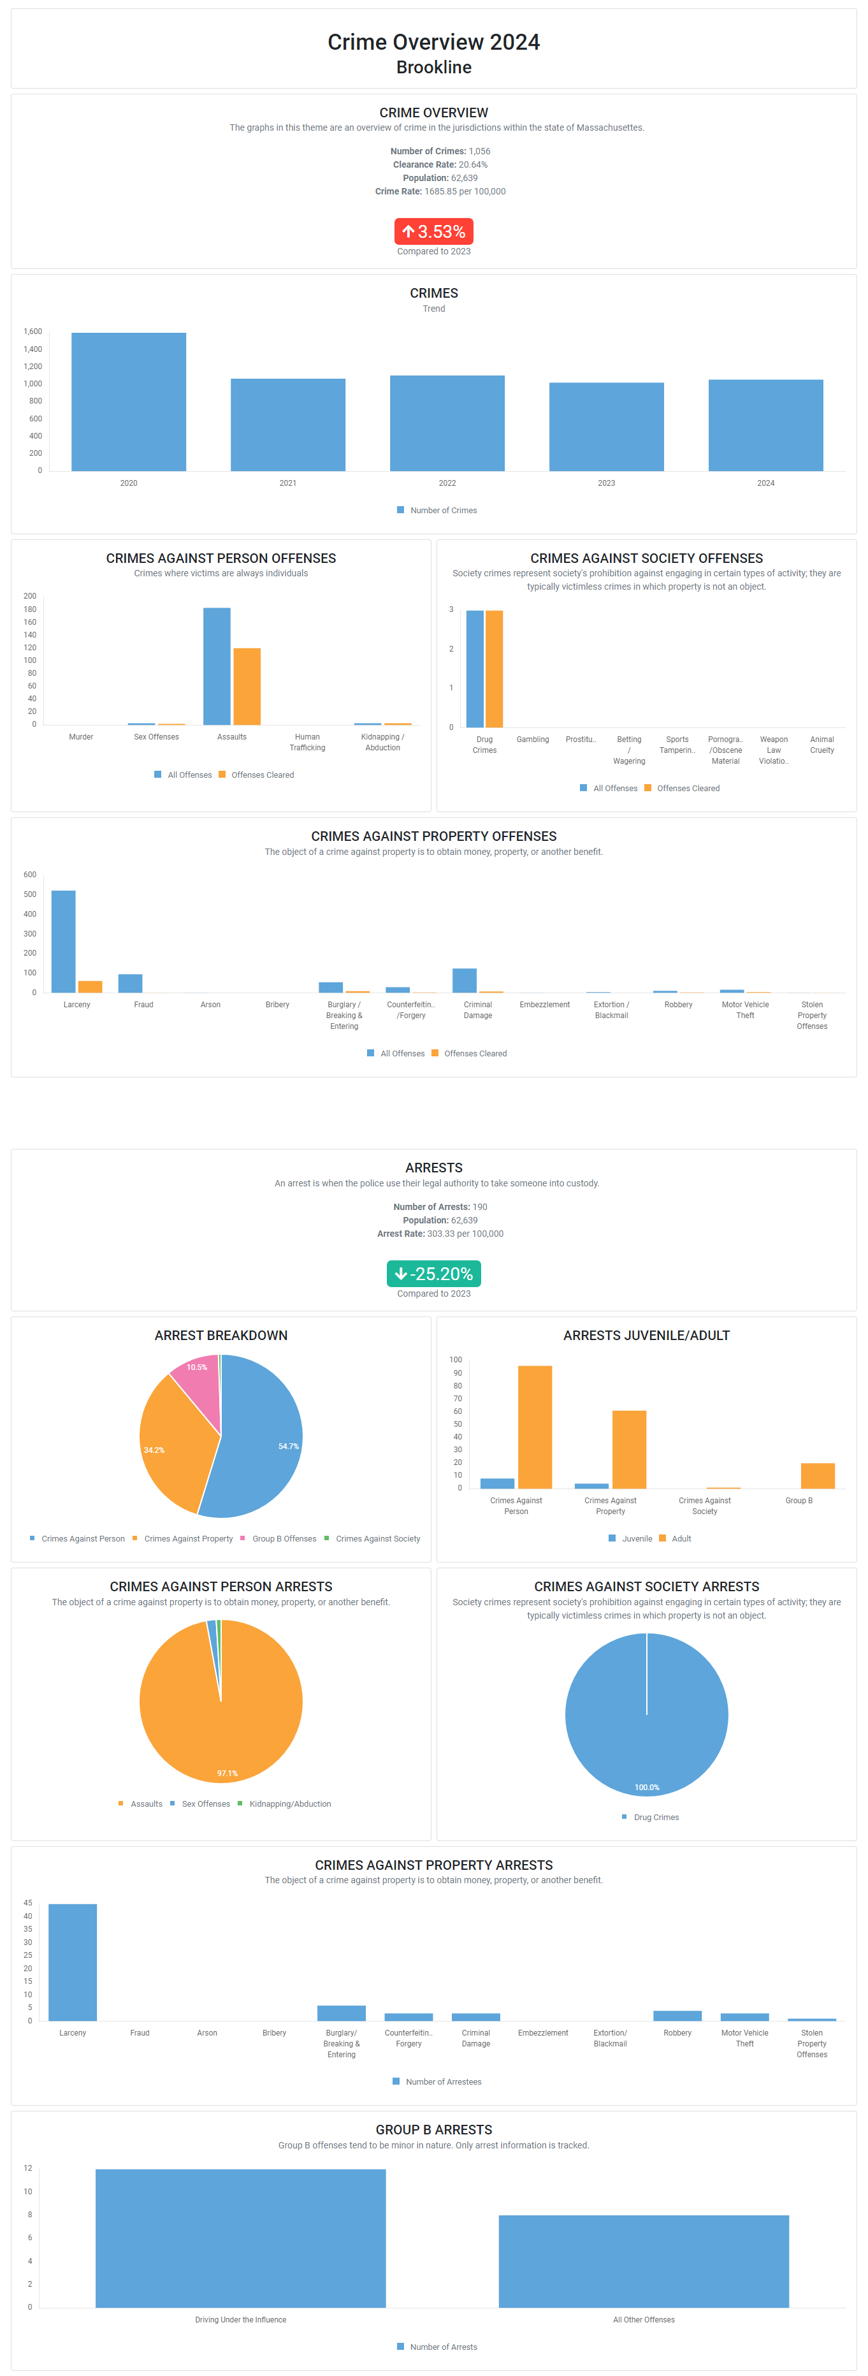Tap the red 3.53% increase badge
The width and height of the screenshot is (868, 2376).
tap(433, 231)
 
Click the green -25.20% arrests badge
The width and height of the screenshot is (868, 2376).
tap(433, 1274)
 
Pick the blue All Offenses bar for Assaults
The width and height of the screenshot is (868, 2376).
tap(217, 666)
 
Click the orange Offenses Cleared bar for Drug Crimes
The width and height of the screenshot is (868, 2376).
tap(495, 669)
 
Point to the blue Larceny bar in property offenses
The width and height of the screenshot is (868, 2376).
tap(64, 941)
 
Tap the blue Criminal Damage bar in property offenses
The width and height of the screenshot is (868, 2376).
tap(464, 980)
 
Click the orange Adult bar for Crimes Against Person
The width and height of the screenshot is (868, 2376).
tap(535, 1426)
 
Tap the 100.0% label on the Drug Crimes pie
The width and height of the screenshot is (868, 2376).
tap(647, 1788)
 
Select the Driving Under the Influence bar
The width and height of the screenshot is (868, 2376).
tap(241, 2238)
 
